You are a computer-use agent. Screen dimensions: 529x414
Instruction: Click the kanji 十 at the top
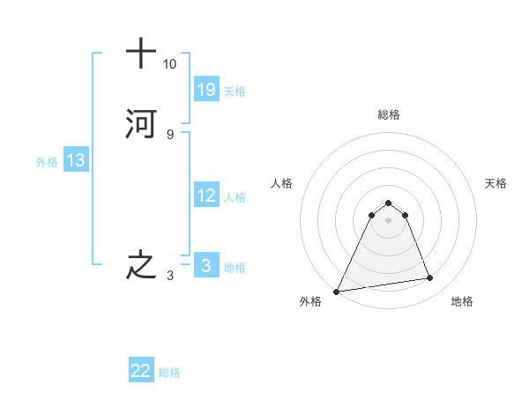point(141,54)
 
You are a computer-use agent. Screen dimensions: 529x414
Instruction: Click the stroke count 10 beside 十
point(169,64)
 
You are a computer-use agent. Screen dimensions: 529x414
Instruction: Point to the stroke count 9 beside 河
point(169,135)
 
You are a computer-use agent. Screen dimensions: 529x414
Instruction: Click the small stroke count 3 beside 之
point(169,276)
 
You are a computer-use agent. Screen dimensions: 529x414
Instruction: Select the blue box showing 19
point(205,89)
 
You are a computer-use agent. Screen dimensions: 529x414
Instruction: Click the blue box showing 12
point(205,196)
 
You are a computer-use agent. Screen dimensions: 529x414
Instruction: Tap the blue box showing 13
point(75,160)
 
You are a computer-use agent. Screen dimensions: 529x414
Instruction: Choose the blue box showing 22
point(141,371)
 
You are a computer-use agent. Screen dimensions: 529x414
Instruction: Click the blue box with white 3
point(205,265)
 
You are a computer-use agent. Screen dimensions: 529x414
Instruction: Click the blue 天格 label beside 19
point(235,92)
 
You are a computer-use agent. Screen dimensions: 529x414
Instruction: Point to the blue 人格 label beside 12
point(235,197)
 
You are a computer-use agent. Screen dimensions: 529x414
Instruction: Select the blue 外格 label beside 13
point(47,162)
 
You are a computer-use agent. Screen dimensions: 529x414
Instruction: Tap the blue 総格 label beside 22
point(169,373)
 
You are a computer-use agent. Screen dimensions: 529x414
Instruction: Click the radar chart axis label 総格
point(388,115)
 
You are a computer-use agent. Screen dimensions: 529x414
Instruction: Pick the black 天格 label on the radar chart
point(495,183)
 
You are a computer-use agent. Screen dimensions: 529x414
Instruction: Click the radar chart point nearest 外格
point(337,291)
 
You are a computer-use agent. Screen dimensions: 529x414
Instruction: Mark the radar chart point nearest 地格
point(430,278)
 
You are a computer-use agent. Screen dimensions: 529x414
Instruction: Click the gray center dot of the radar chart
point(388,220)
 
